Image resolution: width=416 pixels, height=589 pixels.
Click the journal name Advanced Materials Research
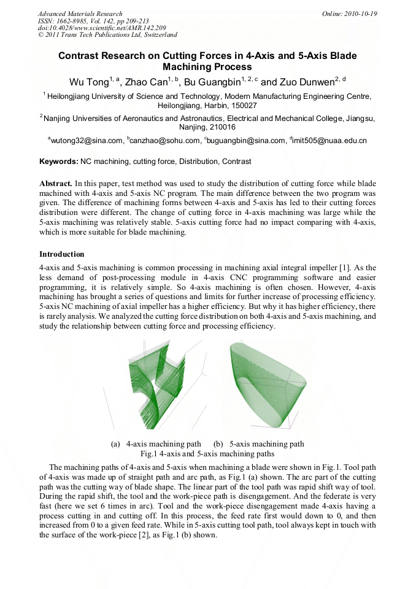[x=80, y=14]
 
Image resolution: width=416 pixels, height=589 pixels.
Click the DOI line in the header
[x=101, y=28]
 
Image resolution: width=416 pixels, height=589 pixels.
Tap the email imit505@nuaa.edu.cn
[x=329, y=141]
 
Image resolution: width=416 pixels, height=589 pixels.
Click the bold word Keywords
[x=58, y=162]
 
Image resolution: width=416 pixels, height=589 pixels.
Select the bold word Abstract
[x=56, y=183]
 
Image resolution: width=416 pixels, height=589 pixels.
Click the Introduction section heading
[x=62, y=254]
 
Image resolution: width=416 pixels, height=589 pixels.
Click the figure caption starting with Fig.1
[x=207, y=454]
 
